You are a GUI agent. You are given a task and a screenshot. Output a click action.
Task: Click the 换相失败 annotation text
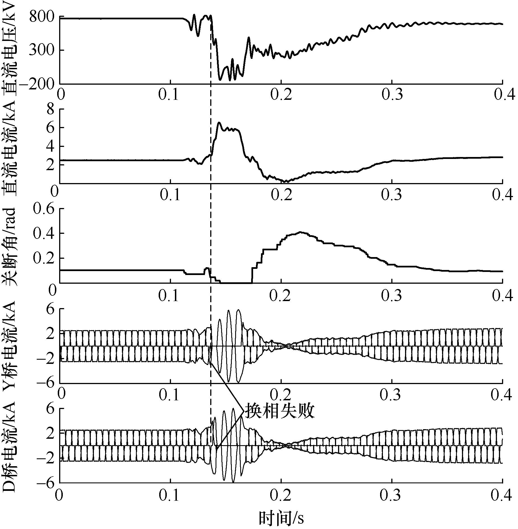pyautogui.click(x=279, y=412)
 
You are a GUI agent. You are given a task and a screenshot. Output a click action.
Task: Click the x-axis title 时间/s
pyautogui.click(x=281, y=518)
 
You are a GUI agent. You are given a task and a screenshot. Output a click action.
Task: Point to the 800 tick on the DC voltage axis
pyautogui.click(x=42, y=18)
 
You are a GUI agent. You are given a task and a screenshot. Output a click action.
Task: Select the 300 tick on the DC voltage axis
pyautogui.click(x=42, y=50)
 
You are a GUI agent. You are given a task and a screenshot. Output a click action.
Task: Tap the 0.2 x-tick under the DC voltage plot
pyautogui.click(x=281, y=94)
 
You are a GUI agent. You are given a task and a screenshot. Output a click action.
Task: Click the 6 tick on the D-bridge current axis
pyautogui.click(x=50, y=409)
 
